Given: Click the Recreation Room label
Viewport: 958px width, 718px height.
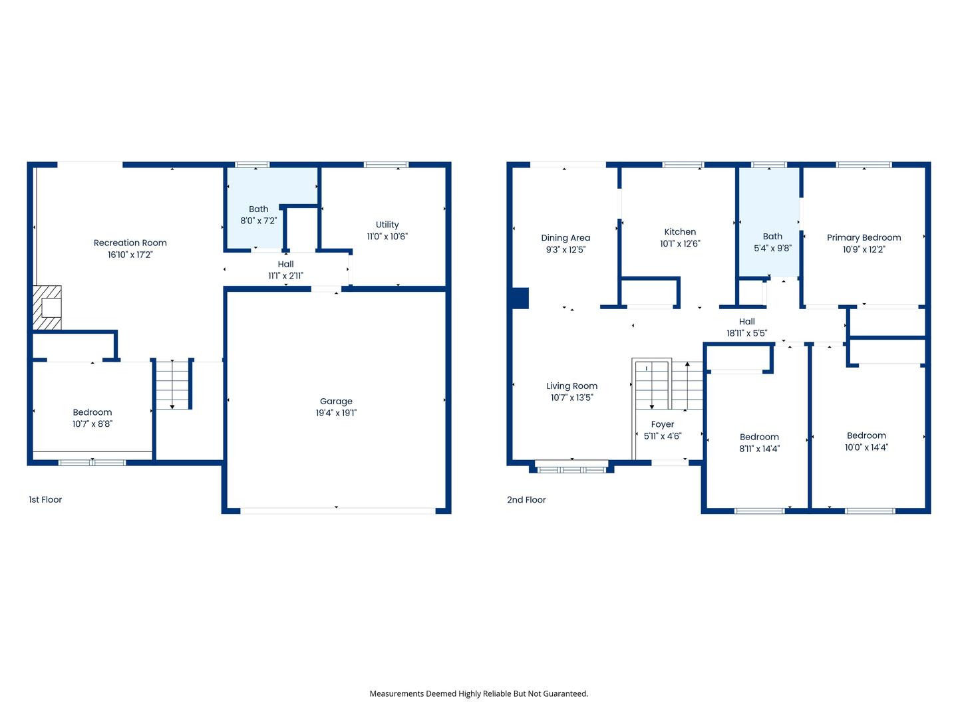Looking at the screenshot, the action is [130, 243].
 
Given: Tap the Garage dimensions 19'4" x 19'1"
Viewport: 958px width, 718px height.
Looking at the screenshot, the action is [336, 413].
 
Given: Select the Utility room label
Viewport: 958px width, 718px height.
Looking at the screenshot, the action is [387, 225].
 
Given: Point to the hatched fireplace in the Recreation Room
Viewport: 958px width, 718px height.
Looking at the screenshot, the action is [47, 307].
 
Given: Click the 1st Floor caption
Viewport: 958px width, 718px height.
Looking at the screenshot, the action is [45, 499].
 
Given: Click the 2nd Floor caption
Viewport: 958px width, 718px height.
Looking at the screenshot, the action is [526, 499].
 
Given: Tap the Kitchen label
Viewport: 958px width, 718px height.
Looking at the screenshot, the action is [680, 232].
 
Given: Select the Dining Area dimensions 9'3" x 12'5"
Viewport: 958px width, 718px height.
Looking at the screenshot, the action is [565, 249].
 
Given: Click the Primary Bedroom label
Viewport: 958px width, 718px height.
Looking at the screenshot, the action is [864, 237].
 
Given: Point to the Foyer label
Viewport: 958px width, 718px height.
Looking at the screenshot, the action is [663, 424].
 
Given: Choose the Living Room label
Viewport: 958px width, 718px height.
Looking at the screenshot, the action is [571, 386].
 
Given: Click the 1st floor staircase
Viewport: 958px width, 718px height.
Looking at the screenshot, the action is [172, 384].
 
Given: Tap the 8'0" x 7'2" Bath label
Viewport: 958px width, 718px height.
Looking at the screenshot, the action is [258, 215].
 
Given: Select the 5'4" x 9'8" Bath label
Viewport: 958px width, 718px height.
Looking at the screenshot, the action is [772, 243].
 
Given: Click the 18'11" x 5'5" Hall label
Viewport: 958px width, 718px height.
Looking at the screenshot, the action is [746, 327].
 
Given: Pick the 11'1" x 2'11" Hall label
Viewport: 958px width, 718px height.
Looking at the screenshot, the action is [286, 270].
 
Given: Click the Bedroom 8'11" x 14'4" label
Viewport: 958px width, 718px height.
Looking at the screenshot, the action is [760, 443].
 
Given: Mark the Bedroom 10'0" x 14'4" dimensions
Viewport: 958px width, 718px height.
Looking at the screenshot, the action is [866, 447].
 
